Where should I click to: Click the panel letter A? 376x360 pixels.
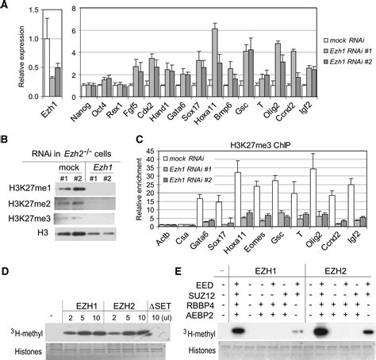tap(6, 6)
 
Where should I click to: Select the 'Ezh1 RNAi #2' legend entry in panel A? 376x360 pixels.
tap(348, 61)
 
